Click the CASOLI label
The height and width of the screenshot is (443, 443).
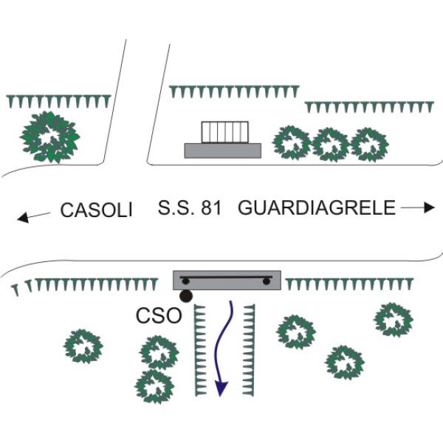[96, 210]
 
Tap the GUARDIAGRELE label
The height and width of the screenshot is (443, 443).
[317, 207]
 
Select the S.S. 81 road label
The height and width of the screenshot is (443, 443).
[190, 207]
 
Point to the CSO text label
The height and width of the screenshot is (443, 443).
[159, 315]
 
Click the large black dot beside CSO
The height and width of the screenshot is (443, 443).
[186, 296]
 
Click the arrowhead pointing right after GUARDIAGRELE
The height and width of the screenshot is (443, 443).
[430, 207]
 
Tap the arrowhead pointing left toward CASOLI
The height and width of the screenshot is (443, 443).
[23, 218]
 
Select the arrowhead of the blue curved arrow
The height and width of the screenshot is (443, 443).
[221, 388]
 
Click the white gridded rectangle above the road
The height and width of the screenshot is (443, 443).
[225, 132]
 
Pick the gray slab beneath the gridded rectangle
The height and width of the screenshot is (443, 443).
[223, 151]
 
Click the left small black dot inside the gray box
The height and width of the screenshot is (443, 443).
[185, 281]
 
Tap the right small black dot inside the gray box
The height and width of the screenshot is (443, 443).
[266, 281]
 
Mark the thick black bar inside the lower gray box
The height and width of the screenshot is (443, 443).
[226, 278]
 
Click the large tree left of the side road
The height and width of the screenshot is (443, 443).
[49, 137]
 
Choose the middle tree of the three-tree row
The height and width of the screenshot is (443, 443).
[331, 145]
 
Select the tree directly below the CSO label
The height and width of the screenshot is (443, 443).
[159, 353]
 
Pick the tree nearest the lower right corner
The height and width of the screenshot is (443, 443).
[345, 363]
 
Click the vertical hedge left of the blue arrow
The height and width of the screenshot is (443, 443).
[200, 350]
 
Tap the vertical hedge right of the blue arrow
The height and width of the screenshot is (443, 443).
[249, 350]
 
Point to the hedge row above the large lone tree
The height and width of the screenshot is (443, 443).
[59, 101]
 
